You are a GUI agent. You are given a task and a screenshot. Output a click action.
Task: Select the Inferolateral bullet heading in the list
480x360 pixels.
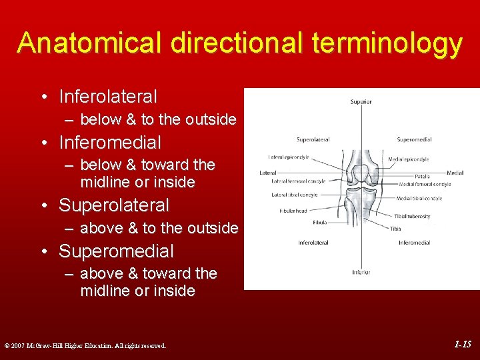coord(108,97)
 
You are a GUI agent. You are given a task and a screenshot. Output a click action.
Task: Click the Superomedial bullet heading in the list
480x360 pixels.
coord(116,251)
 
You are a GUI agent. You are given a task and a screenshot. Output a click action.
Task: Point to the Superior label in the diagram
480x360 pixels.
coord(361,102)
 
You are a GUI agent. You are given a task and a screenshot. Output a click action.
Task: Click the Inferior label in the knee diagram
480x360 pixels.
coord(361,272)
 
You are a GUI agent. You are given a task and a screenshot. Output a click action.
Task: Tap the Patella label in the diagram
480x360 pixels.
coord(422,177)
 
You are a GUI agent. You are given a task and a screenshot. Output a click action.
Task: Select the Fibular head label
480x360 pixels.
coord(293,211)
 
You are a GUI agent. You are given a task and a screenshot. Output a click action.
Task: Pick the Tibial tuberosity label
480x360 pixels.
coord(412,216)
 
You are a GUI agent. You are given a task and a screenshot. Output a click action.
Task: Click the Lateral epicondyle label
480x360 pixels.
coord(289,157)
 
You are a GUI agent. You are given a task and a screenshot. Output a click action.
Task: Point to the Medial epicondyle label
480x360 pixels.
coord(409,159)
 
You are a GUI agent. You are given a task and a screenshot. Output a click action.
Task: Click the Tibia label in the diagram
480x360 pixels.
coord(395,228)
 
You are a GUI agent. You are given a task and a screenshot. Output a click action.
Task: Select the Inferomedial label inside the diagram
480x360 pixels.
coord(414,243)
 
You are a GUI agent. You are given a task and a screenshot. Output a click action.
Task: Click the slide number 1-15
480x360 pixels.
coord(463,345)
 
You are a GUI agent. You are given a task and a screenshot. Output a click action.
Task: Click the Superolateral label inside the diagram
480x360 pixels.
coord(313,140)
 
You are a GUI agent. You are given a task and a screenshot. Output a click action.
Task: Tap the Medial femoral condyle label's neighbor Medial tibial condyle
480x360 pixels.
coord(419,198)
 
